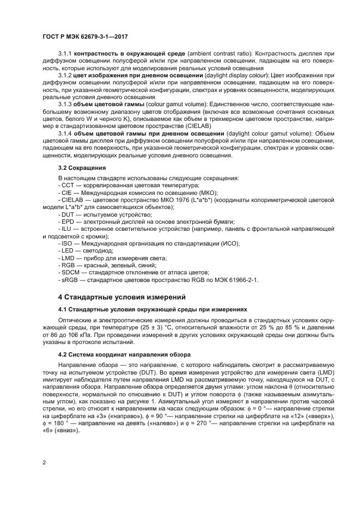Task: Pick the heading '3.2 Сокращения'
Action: pyautogui.click(x=82, y=168)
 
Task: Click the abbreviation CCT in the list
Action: pyautogui.click(x=68, y=186)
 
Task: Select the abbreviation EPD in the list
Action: pyautogui.click(x=68, y=222)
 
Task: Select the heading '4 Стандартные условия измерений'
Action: pyautogui.click(x=122, y=297)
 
